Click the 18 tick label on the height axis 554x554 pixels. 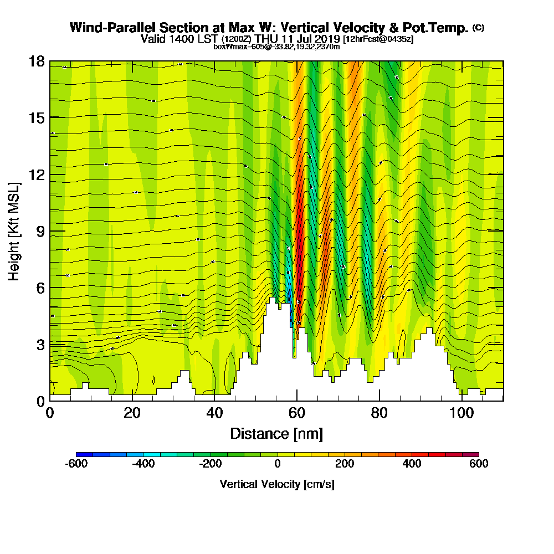click(37, 61)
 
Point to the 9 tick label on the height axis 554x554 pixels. click(40, 231)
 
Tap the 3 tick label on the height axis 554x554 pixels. click(40, 344)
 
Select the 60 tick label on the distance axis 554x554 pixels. click(297, 413)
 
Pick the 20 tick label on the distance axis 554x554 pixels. click(132, 413)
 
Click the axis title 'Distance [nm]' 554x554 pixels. click(276, 433)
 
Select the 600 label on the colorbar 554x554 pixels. click(479, 464)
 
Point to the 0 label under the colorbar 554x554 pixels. click(278, 464)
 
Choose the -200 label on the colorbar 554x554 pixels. click(210, 464)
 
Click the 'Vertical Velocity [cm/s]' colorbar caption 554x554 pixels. click(277, 484)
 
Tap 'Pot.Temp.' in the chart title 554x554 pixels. click(439, 28)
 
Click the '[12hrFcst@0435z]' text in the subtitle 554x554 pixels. click(378, 39)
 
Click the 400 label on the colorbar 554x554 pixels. click(412, 464)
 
